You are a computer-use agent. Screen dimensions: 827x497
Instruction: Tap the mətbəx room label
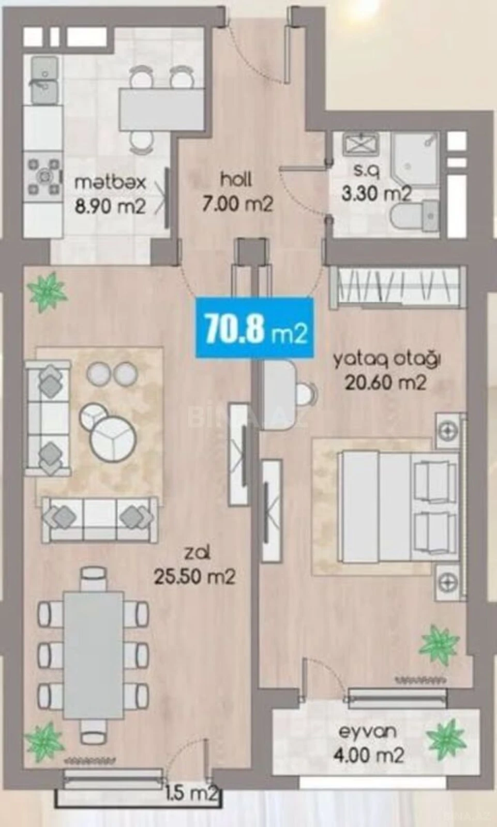(110, 194)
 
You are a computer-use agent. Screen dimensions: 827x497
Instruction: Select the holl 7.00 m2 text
(237, 192)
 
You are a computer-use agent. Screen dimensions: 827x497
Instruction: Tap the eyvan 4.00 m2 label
(368, 744)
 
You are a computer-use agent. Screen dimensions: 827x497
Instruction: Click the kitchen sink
(44, 81)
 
